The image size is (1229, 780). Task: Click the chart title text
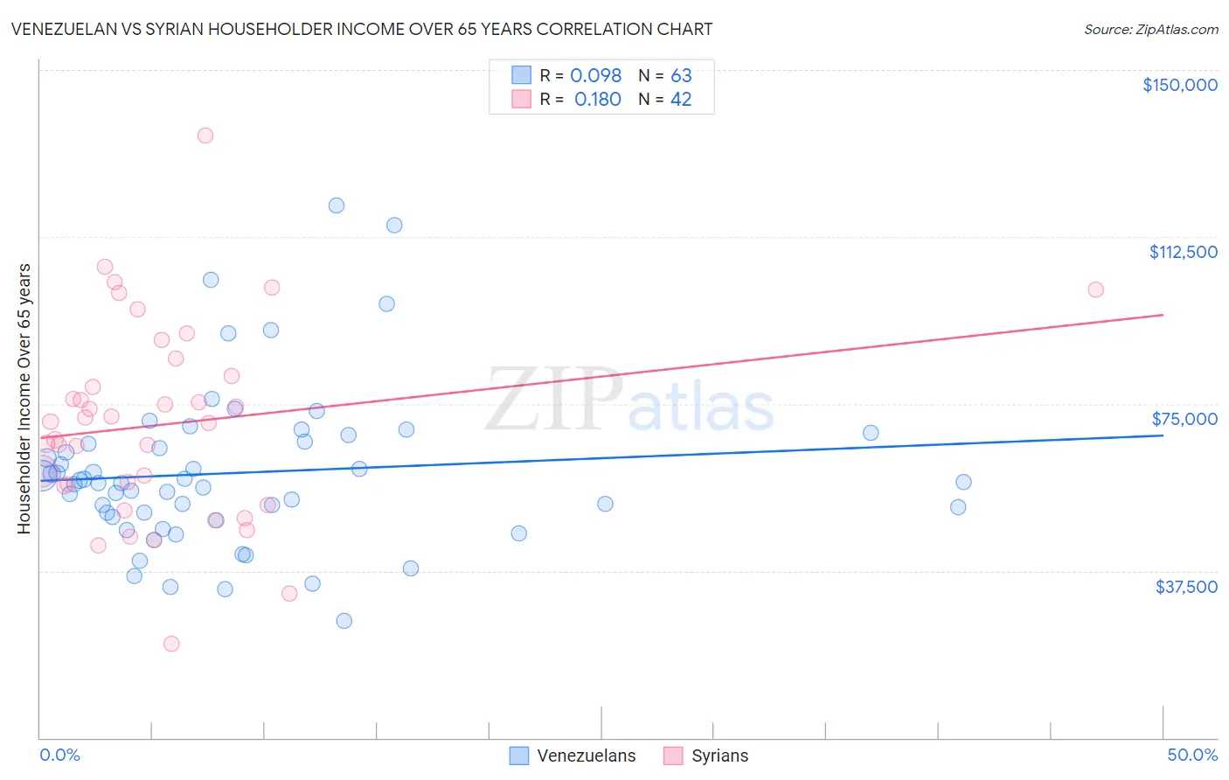point(362,29)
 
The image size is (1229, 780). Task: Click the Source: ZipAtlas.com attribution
point(1150,29)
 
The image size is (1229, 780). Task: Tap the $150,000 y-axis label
point(1179,85)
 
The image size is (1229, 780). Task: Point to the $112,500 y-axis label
point(1183,252)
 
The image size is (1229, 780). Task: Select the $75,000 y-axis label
point(1184,419)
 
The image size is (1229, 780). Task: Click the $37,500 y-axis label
point(1185,587)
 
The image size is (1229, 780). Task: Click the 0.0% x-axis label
point(59,755)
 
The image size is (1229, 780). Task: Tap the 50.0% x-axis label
point(1191,755)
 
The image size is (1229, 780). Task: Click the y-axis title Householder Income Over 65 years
point(24,399)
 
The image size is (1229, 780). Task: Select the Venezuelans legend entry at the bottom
point(573,756)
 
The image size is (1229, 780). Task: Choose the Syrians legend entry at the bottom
point(706,756)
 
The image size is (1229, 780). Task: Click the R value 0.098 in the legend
point(595,75)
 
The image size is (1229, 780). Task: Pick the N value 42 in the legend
point(681,100)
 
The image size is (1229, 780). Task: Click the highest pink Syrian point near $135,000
point(205,136)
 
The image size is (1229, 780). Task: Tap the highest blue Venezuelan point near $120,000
point(337,205)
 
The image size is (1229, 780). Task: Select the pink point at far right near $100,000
point(1095,289)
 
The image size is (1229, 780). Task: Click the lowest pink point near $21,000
point(171,644)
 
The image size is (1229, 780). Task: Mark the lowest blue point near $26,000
point(344,621)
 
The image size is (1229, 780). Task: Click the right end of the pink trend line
point(1163,315)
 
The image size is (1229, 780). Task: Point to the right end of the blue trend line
point(1163,435)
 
